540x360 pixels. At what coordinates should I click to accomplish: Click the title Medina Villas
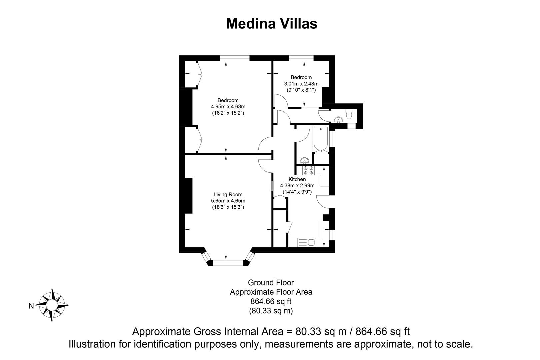click(271, 24)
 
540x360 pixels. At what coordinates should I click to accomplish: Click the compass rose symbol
click(52, 305)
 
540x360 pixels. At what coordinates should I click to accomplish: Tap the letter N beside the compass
click(31, 306)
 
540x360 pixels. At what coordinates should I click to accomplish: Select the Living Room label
click(228, 195)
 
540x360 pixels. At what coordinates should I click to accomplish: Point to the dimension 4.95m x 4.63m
click(228, 107)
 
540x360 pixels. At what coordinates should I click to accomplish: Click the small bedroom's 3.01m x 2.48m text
click(301, 84)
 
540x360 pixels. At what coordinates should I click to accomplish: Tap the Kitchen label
click(297, 179)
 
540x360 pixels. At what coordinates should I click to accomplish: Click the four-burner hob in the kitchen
click(308, 171)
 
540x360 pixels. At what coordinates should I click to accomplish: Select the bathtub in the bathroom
click(321, 139)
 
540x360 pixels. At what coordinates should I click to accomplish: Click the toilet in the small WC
click(349, 114)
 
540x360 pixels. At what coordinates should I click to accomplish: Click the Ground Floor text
click(271, 283)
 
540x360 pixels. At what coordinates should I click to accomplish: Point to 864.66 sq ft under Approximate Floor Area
click(271, 302)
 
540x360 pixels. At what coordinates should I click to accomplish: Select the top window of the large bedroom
click(235, 58)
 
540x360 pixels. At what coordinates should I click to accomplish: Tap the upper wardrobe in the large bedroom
click(193, 74)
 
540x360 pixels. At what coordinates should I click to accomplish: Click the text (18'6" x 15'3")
click(228, 207)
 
